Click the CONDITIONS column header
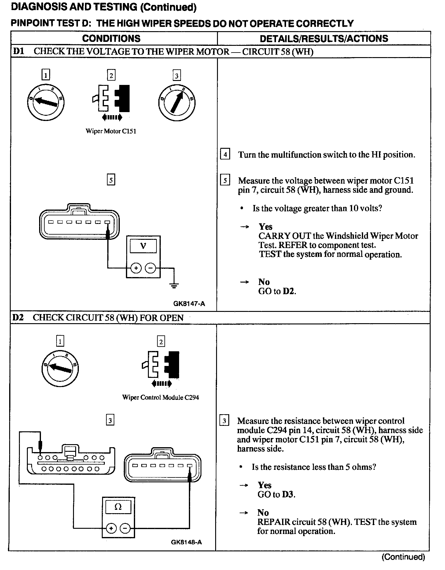coord(111,38)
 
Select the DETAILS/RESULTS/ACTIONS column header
coord(324,38)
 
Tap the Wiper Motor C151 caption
coord(111,131)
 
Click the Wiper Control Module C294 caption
coord(160,397)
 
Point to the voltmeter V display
coord(143,246)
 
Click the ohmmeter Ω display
coord(118,507)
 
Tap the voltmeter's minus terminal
coord(150,269)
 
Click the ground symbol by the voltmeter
coord(174,286)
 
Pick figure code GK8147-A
coord(189,304)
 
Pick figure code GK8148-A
coord(186,542)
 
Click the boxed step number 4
coord(225,154)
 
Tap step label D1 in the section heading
coord(18,51)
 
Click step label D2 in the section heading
coord(18,318)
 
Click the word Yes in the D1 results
coord(265,227)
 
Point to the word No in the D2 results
coord(263,513)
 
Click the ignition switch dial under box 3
coord(177,102)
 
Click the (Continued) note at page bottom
coord(403,557)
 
